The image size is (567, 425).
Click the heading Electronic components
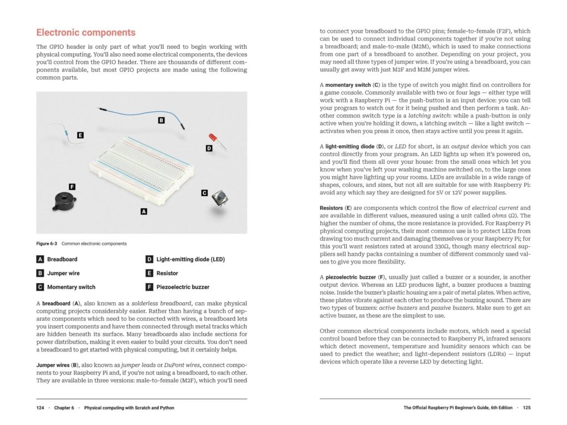(85, 33)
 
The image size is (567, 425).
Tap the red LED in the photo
(213, 138)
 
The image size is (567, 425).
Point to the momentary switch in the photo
(220, 199)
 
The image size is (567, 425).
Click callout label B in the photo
(161, 120)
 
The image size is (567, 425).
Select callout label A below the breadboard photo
(143, 211)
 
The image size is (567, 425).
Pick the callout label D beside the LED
(209, 148)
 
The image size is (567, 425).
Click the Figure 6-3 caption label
(47, 243)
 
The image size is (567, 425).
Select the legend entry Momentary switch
(71, 287)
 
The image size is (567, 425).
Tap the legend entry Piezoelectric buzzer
(183, 287)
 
